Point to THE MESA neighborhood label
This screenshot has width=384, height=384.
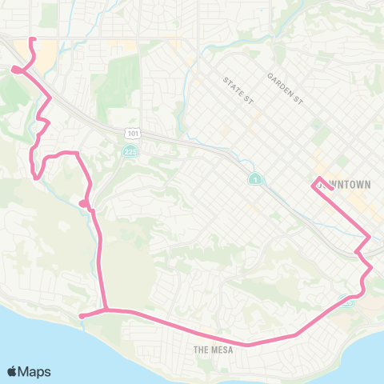[212, 350]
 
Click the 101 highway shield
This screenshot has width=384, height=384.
[130, 132]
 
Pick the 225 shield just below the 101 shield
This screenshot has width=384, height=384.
[130, 150]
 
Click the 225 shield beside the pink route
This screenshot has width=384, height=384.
[346, 302]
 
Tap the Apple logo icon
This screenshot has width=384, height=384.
[14, 371]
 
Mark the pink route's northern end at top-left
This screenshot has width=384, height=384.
[32, 39]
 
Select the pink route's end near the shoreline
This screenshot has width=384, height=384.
[82, 316]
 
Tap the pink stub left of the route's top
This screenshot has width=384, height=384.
[16, 70]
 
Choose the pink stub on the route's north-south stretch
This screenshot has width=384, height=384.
[84, 203]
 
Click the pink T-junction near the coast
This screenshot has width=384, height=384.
[106, 310]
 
